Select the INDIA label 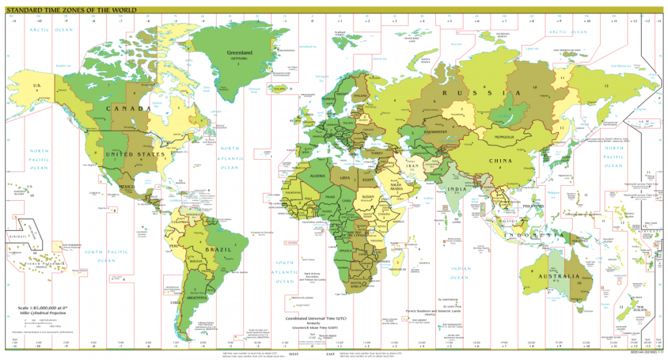point(459,190)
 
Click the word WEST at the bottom point(294,353)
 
